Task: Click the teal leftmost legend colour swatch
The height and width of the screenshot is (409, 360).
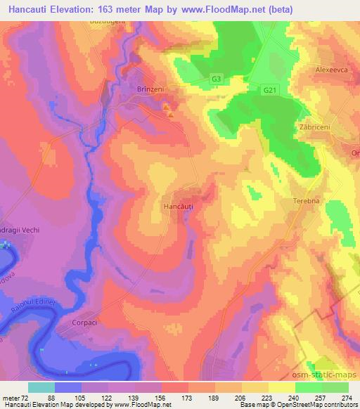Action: pos(41,387)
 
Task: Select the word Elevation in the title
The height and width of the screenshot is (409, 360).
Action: pos(83,9)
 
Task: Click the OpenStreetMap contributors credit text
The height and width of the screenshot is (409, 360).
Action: pos(316,405)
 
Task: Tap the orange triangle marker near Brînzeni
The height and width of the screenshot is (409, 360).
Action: pos(170,112)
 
